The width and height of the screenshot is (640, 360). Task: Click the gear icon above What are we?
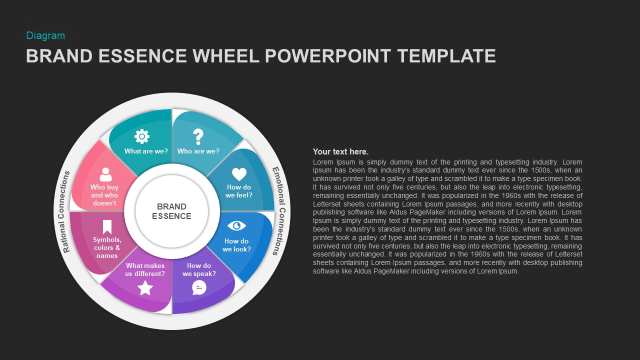(142, 136)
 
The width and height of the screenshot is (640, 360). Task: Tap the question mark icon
(198, 136)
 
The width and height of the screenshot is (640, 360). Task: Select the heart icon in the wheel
(239, 174)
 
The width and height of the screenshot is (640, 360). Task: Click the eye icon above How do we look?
(236, 225)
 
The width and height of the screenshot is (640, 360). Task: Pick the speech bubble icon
(199, 287)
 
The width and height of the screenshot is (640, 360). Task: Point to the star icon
(145, 287)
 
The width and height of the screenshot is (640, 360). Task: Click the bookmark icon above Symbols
(107, 227)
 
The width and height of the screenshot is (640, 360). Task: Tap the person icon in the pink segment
(105, 174)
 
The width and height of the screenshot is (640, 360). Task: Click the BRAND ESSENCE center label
(171, 211)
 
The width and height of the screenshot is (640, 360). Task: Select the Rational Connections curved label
(65, 211)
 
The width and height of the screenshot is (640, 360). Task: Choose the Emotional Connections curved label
(278, 211)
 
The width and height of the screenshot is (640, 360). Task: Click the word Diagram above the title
(45, 35)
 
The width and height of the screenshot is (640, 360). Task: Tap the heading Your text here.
(340, 151)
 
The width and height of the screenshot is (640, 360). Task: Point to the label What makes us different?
(145, 269)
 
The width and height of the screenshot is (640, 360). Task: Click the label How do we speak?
(199, 269)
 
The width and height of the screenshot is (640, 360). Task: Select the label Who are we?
(198, 151)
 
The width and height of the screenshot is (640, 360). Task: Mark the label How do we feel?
(239, 191)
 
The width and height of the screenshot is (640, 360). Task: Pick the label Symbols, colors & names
(107, 247)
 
